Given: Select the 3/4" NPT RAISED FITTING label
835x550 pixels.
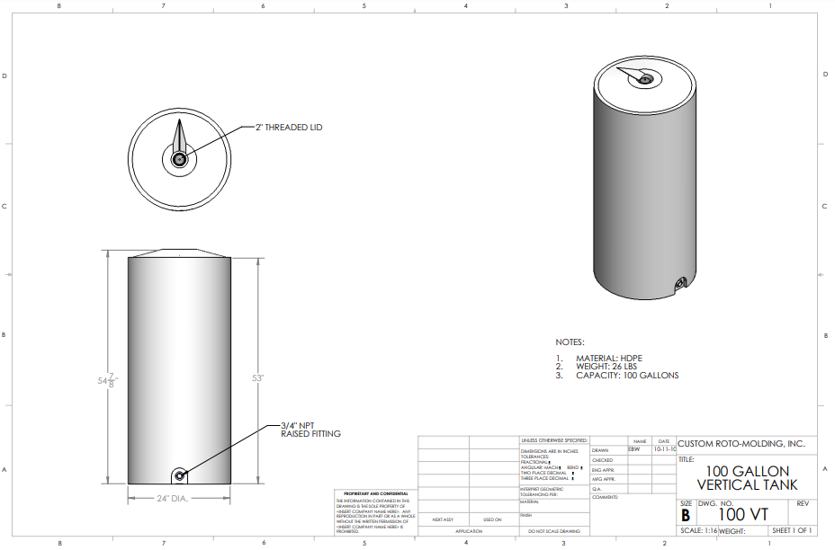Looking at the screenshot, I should pyautogui.click(x=310, y=429).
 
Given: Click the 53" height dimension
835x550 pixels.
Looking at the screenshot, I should pyautogui.click(x=257, y=378).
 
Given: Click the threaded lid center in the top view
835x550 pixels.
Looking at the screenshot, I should pyautogui.click(x=179, y=159).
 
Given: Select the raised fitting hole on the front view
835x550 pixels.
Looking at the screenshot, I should pyautogui.click(x=179, y=475).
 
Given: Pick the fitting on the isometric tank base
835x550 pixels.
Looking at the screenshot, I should pyautogui.click(x=681, y=286).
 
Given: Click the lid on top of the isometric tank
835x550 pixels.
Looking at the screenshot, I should pyautogui.click(x=645, y=79).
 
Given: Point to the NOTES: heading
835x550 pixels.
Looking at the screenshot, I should pyautogui.click(x=570, y=342).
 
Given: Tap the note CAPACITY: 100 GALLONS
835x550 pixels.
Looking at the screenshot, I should pyautogui.click(x=627, y=376).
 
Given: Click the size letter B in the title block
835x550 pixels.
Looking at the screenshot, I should pyautogui.click(x=685, y=515).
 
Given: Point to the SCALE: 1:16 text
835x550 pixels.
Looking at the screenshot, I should pyautogui.click(x=698, y=531).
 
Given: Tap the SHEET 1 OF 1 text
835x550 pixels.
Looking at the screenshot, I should pyautogui.click(x=791, y=531).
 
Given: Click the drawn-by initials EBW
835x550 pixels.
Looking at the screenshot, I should pyautogui.click(x=634, y=448).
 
